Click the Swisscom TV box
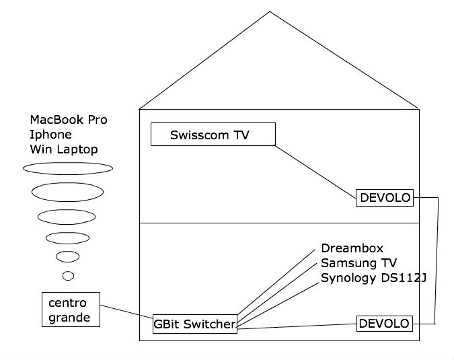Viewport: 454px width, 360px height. tap(213, 134)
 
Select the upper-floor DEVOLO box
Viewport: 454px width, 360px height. tap(385, 198)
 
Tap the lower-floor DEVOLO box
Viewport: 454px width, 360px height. tap(384, 324)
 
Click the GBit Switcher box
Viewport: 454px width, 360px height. tap(195, 324)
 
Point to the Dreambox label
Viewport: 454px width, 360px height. tap(352, 248)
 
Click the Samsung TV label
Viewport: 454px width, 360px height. tap(357, 263)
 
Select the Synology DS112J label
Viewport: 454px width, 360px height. tap(373, 278)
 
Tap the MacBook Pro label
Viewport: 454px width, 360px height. tap(69, 120)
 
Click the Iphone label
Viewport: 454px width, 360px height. tap(50, 135)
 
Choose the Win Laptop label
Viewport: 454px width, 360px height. tap(64, 149)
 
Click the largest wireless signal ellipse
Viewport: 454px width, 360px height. tap(68, 168)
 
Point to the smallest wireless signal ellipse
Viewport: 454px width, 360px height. tap(68, 275)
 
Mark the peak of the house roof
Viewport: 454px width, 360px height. tap(270, 11)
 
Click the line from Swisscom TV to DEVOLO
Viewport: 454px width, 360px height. tap(316, 169)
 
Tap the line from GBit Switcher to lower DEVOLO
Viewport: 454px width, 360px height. tap(296, 326)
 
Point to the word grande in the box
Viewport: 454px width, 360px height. tap(69, 317)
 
